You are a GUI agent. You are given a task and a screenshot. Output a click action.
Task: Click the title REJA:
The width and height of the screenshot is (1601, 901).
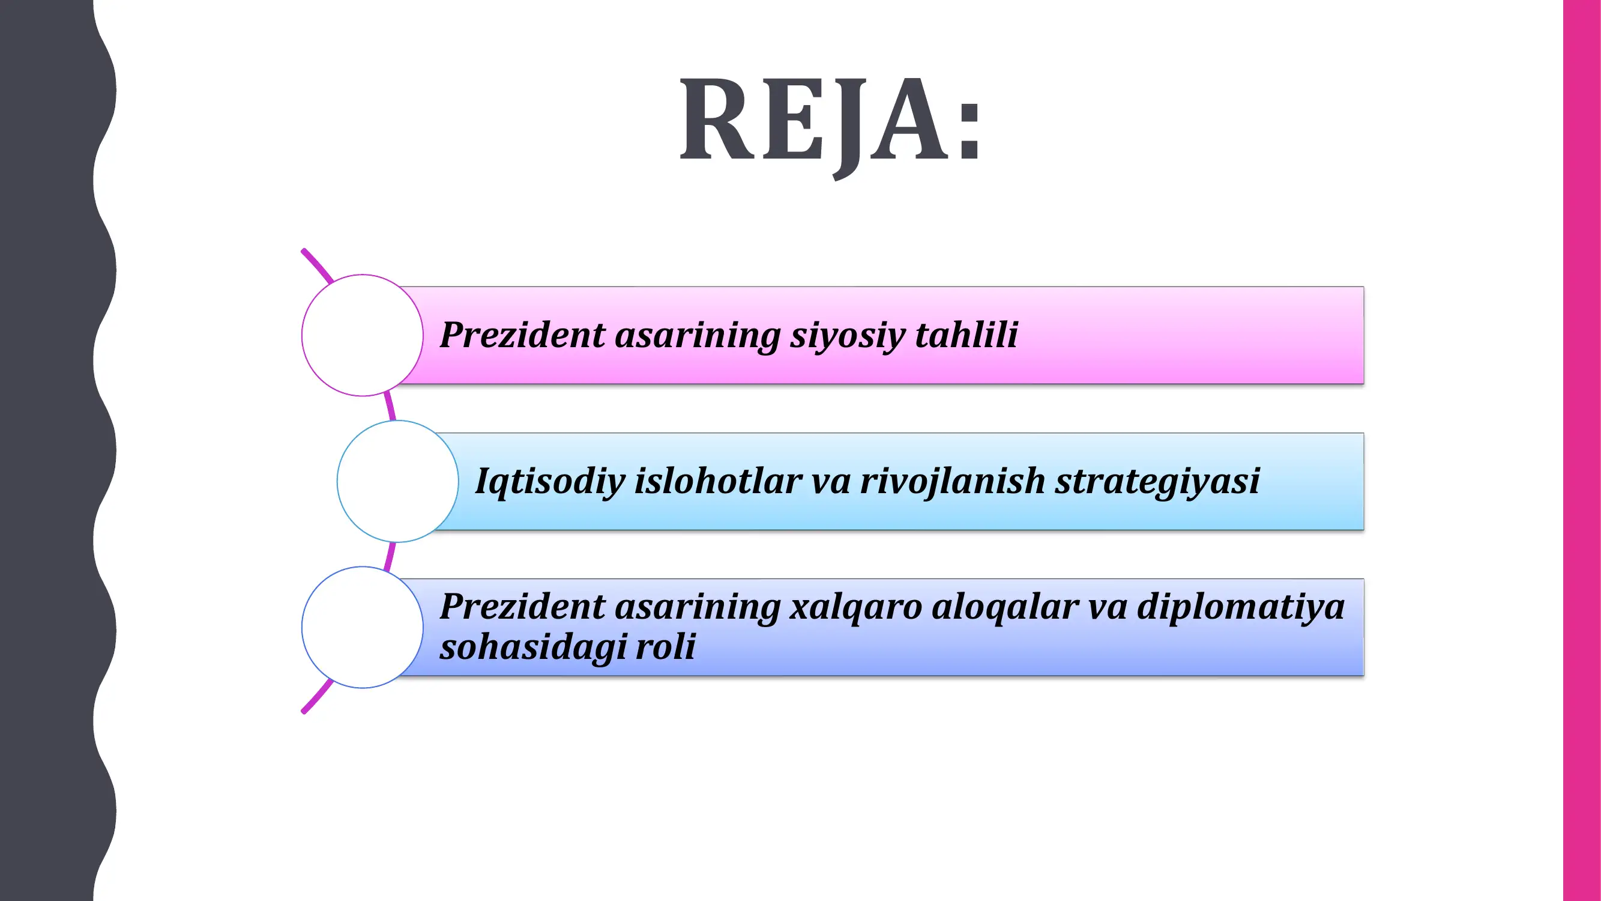click(x=830, y=121)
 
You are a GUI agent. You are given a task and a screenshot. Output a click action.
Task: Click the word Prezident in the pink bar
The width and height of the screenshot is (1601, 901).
click(x=522, y=335)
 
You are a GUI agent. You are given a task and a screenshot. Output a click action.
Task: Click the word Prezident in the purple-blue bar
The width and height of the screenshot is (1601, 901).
click(x=522, y=606)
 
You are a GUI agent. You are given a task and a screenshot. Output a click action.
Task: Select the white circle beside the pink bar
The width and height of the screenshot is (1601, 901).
click(x=363, y=335)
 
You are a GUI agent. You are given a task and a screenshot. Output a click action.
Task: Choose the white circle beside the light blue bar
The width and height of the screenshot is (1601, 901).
click(x=398, y=481)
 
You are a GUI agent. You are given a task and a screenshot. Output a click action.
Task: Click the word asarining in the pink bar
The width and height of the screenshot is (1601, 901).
click(x=697, y=335)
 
